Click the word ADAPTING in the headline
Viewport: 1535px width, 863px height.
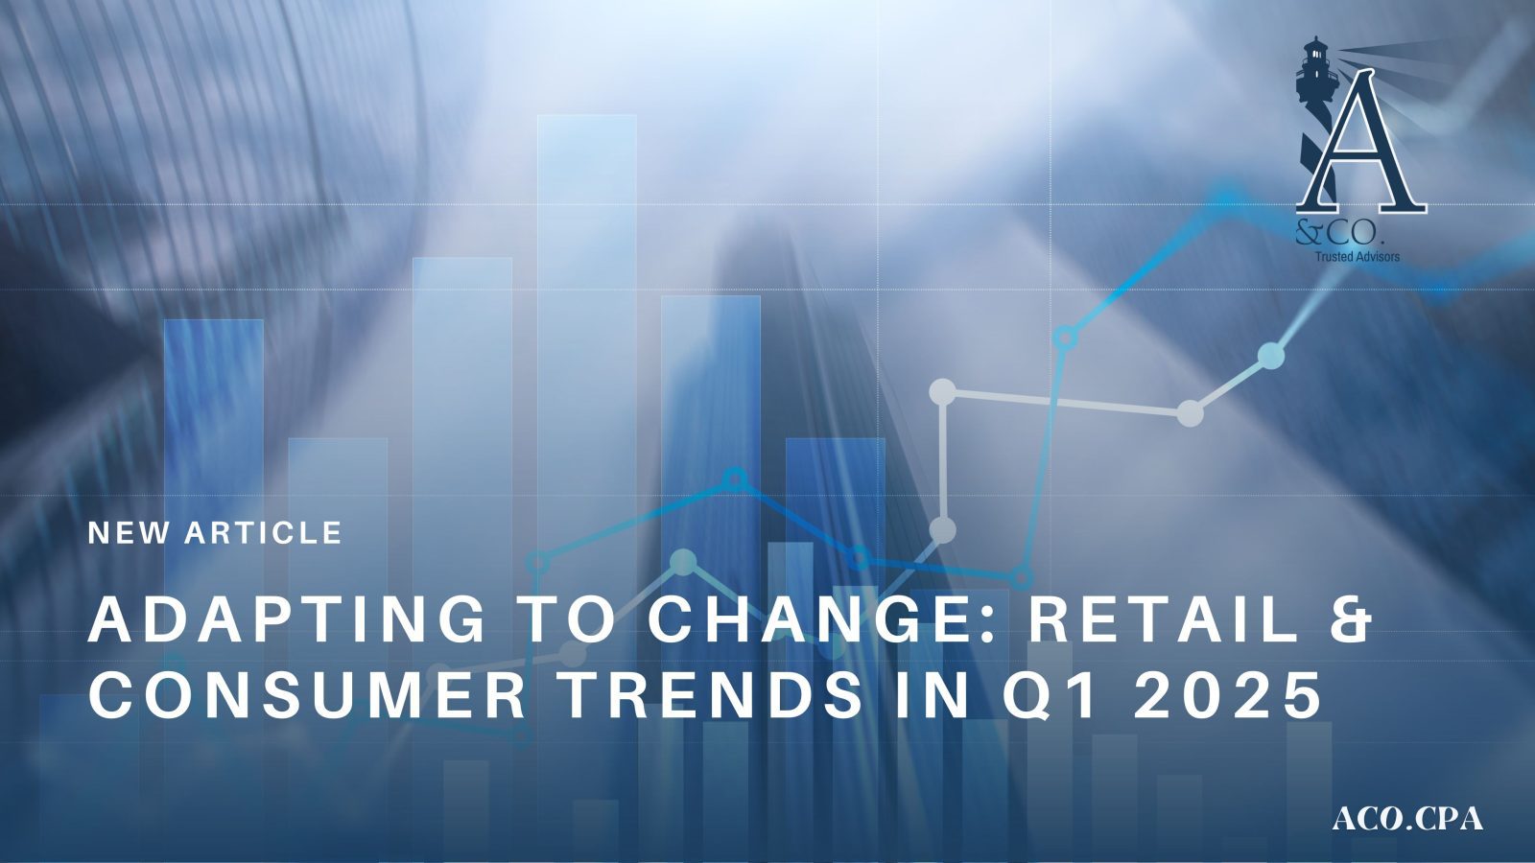pyautogui.click(x=286, y=619)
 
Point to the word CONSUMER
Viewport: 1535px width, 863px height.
pyautogui.click(x=307, y=695)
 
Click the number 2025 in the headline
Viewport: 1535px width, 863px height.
pyautogui.click(x=1226, y=695)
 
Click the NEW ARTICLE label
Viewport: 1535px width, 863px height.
pyautogui.click(x=215, y=533)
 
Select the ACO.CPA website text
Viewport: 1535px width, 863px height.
pyautogui.click(x=1407, y=819)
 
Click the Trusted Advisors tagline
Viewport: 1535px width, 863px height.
pyautogui.click(x=1357, y=257)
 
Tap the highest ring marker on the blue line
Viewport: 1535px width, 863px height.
pyautogui.click(x=1064, y=338)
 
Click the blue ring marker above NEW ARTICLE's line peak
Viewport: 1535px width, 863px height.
pyautogui.click(x=735, y=478)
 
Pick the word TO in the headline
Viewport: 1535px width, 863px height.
pyautogui.click(x=565, y=619)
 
